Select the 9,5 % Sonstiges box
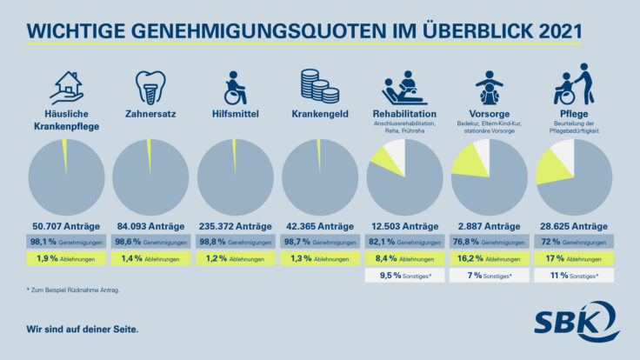(403, 276)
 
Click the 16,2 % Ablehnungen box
(489, 258)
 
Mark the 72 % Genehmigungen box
(574, 241)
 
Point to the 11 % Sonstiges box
(574, 276)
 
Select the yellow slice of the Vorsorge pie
(466, 160)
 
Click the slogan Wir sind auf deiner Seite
(82, 330)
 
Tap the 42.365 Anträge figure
(318, 223)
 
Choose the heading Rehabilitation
(403, 114)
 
